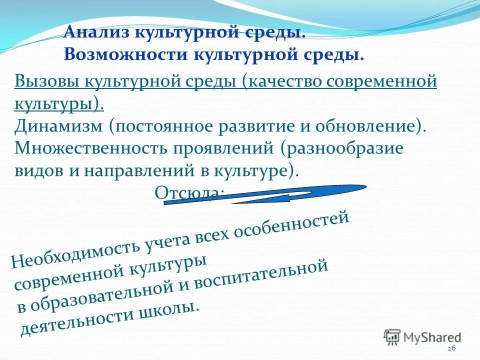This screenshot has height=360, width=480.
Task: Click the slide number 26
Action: coord(451,348)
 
